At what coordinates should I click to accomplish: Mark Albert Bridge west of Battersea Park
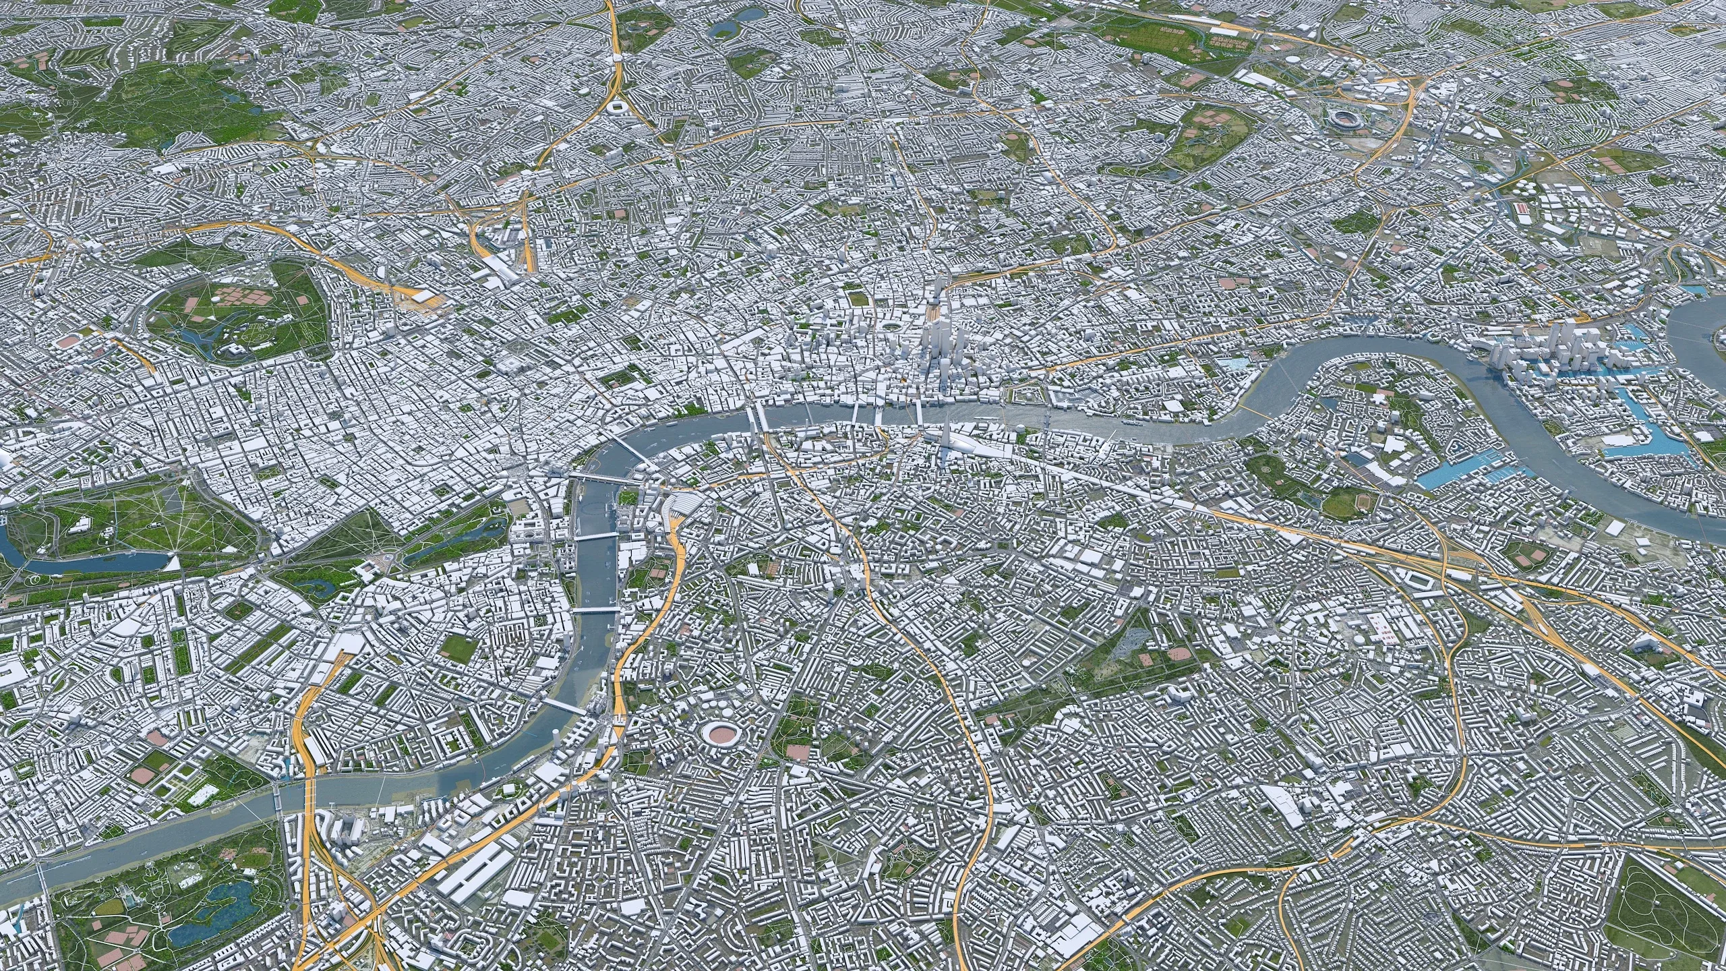click(x=279, y=816)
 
